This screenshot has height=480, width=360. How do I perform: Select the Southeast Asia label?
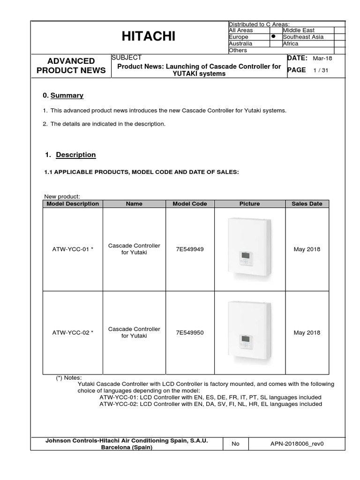point(303,37)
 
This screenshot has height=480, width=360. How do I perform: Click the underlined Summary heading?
point(67,96)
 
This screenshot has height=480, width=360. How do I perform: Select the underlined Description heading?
point(75,155)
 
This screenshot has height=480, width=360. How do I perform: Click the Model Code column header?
point(190,204)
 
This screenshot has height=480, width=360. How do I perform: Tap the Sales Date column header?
point(307,204)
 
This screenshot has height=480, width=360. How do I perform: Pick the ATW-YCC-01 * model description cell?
point(73,249)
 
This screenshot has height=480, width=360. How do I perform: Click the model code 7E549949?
point(190,249)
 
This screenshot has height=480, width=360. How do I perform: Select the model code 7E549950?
point(190,333)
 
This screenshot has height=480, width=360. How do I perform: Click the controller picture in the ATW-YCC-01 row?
point(249,250)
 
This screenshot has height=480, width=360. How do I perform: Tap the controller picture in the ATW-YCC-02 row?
point(249,333)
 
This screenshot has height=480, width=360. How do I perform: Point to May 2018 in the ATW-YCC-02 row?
point(307,333)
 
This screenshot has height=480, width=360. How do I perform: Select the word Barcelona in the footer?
point(118,447)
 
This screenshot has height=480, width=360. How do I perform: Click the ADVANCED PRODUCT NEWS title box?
point(71,66)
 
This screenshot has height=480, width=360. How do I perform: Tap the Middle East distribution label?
point(299,30)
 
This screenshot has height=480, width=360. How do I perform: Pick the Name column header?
point(134,204)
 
